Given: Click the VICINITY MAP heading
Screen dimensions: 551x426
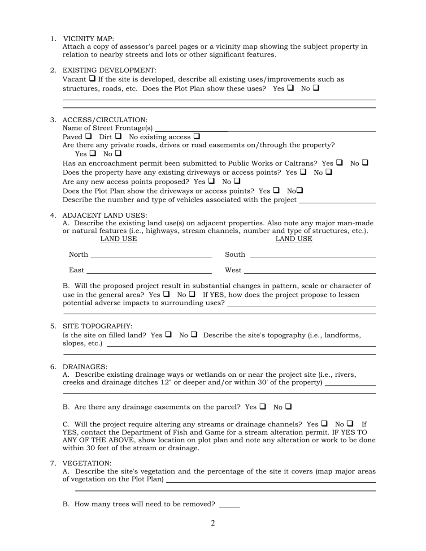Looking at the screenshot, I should click(x=88, y=39).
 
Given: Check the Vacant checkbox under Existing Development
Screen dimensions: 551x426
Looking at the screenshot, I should click(x=92, y=78).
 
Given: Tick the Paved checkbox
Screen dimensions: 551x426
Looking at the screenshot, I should click(x=88, y=136).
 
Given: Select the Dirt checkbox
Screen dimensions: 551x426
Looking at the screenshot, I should click(x=118, y=136).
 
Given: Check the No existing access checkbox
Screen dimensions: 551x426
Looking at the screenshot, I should click(x=197, y=136).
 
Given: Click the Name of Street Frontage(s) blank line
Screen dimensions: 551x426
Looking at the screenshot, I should click(x=265, y=130).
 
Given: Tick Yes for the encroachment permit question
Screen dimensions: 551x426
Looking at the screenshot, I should click(x=339, y=163).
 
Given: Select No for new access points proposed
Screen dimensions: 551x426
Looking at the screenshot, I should click(x=237, y=181).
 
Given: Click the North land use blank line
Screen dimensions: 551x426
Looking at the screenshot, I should click(x=151, y=257).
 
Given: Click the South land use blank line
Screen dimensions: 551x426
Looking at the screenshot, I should click(x=312, y=257).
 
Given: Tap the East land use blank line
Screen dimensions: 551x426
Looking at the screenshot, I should click(x=148, y=272).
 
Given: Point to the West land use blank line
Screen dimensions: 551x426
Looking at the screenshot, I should click(x=309, y=272).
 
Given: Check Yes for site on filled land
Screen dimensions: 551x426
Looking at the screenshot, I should click(x=169, y=334).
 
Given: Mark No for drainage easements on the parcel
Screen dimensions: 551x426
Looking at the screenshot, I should click(x=288, y=406).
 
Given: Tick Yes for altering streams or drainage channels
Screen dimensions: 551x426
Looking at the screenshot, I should click(x=324, y=423).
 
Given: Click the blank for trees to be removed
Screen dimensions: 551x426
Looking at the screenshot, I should click(x=230, y=506).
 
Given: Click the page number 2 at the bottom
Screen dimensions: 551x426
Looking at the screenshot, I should click(x=213, y=523).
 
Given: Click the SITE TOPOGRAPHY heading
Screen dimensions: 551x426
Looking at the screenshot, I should click(x=97, y=326).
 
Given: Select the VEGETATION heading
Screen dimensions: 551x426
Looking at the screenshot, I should click(x=87, y=463).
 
